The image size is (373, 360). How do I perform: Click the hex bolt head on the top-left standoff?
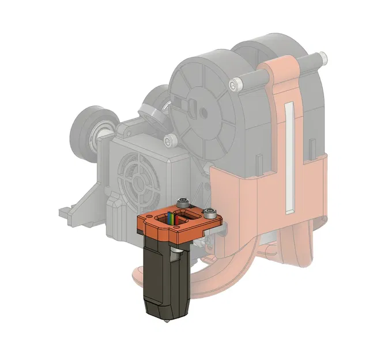(x=233, y=85)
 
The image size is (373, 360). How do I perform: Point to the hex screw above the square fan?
(x=168, y=140)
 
